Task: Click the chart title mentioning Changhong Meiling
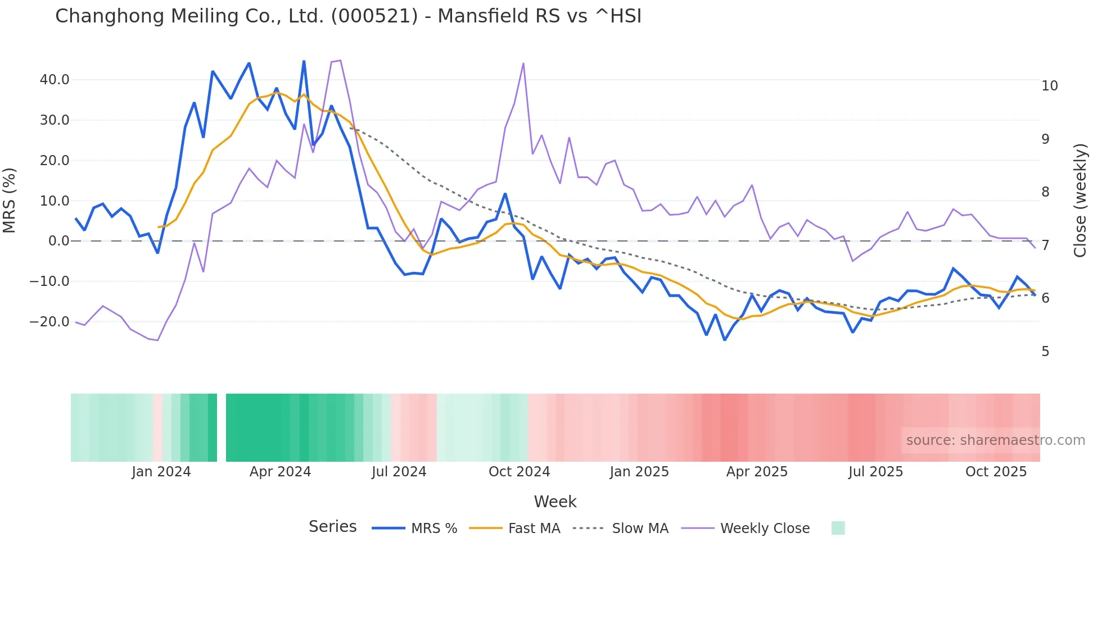(348, 16)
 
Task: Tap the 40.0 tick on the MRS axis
(55, 80)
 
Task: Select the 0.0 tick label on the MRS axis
(58, 241)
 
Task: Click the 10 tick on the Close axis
(1049, 86)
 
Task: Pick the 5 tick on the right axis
(1045, 352)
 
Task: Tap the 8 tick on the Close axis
(1045, 192)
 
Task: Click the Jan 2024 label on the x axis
(161, 472)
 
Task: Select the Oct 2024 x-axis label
(519, 472)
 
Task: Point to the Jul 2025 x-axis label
(875, 472)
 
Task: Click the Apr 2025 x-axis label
(757, 472)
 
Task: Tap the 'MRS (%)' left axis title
(10, 200)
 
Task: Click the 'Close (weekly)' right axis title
(1080, 200)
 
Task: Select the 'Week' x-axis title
(555, 502)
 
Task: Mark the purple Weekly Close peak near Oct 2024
(523, 63)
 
